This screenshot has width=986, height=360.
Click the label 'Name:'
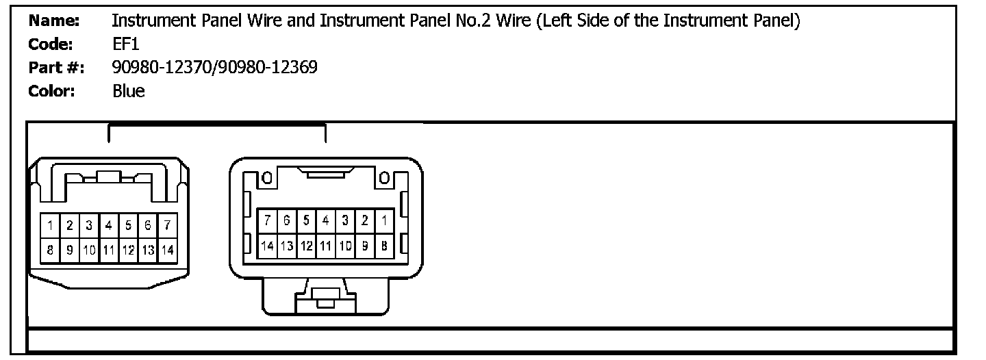tap(54, 21)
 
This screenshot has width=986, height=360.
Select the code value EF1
tap(126, 44)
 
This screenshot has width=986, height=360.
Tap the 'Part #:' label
tap(56, 68)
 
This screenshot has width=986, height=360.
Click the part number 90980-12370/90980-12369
tap(214, 68)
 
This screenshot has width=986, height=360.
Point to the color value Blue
tap(129, 91)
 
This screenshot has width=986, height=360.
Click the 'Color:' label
tap(51, 91)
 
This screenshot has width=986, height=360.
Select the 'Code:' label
tap(51, 44)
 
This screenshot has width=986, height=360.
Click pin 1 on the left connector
tap(51, 224)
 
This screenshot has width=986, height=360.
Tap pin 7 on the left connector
tap(167, 224)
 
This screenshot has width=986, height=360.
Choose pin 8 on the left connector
tap(51, 250)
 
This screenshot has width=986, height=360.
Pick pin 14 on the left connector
tap(167, 250)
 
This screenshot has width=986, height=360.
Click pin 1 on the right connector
tap(384, 220)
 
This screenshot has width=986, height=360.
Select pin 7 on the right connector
tap(268, 220)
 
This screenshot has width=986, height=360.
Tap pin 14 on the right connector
tap(268, 245)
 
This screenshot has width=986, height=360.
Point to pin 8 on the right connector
tap(384, 245)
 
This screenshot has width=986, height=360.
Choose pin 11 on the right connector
tap(326, 245)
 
